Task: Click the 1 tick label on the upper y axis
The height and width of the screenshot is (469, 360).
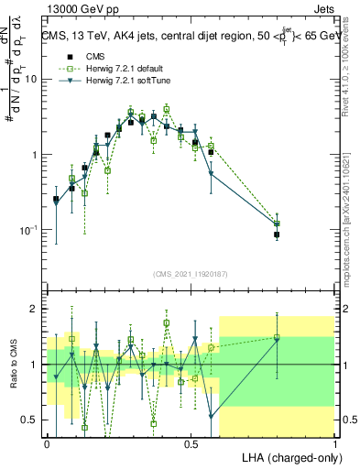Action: (x=36, y=155)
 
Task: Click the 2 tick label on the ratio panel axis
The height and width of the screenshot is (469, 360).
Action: (x=36, y=309)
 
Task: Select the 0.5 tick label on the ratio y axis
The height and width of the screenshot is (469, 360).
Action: (x=32, y=420)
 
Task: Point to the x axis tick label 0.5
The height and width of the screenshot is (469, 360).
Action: (x=191, y=443)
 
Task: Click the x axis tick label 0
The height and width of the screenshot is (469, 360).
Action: (x=47, y=443)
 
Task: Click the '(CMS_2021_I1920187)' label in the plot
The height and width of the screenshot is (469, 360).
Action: (x=191, y=274)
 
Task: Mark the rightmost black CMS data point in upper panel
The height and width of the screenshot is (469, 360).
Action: (x=277, y=234)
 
